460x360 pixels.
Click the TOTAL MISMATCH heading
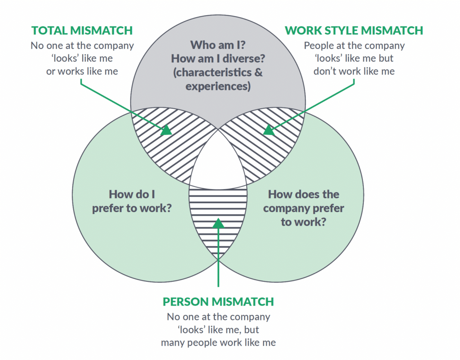click(x=82, y=31)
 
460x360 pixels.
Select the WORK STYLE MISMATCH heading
click(x=354, y=31)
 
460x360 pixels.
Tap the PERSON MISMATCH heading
click(x=218, y=301)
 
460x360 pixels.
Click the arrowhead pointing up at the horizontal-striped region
click(x=218, y=223)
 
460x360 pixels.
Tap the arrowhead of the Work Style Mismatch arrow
click(x=268, y=130)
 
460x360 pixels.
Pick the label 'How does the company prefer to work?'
click(x=304, y=208)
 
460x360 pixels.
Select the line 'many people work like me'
click(x=218, y=342)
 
